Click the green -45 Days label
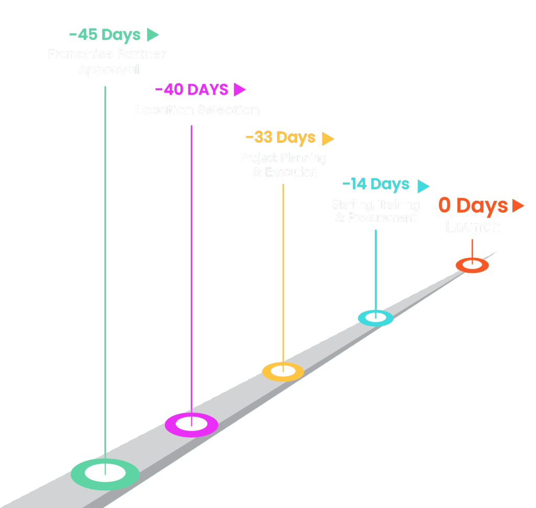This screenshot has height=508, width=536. coord(105,35)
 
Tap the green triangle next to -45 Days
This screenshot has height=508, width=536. coord(152,35)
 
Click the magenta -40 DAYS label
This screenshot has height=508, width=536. coord(192,90)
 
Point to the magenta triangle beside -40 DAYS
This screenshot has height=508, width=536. coord(239,90)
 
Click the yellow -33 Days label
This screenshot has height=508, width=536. coord(281,137)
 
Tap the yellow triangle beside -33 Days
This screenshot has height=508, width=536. coord(328,138)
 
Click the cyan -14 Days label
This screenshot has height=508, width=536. coord(375,185)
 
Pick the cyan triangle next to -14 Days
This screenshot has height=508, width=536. coord(423,186)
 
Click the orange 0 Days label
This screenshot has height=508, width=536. coord(473,206)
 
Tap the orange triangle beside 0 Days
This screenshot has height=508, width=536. coord(518,206)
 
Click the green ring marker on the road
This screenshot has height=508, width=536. coord(105,474)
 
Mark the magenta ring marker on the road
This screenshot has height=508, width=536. coord(192,425)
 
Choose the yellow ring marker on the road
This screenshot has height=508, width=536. coord(283,371)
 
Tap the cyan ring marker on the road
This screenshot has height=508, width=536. coord(375,318)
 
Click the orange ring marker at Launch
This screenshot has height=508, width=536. coord(472,265)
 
